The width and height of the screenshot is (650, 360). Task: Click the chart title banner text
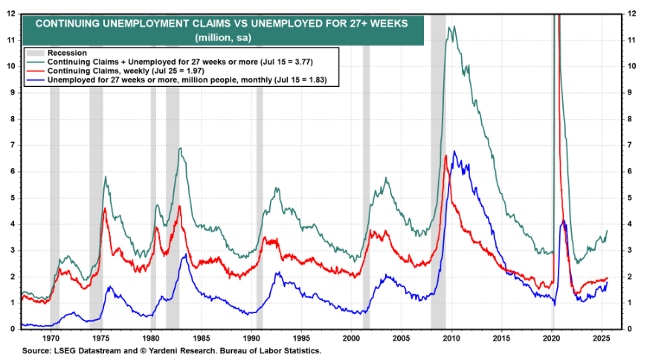pyautogui.click(x=222, y=24)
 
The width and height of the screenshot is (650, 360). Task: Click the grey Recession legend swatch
pyautogui.click(x=35, y=53)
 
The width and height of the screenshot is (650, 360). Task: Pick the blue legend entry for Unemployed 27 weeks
pyautogui.click(x=186, y=79)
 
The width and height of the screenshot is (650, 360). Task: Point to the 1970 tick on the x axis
pyautogui.click(x=51, y=337)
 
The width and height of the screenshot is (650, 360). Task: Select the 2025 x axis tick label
pyautogui.click(x=602, y=337)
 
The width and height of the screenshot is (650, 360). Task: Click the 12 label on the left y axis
pyautogui.click(x=11, y=13)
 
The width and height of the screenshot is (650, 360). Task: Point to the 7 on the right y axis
pyautogui.click(x=631, y=145)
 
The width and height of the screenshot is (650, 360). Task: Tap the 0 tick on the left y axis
pyautogui.click(x=13, y=329)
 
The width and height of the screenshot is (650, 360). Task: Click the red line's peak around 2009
pyautogui.click(x=445, y=155)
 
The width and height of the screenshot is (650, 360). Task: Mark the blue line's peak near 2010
pyautogui.click(x=454, y=152)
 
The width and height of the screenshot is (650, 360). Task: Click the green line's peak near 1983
pyautogui.click(x=180, y=148)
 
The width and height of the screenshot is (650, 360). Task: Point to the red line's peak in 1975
pyautogui.click(x=105, y=208)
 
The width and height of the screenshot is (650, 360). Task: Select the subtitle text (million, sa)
pyautogui.click(x=221, y=37)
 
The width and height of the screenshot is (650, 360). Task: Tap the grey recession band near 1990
pyautogui.click(x=260, y=223)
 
